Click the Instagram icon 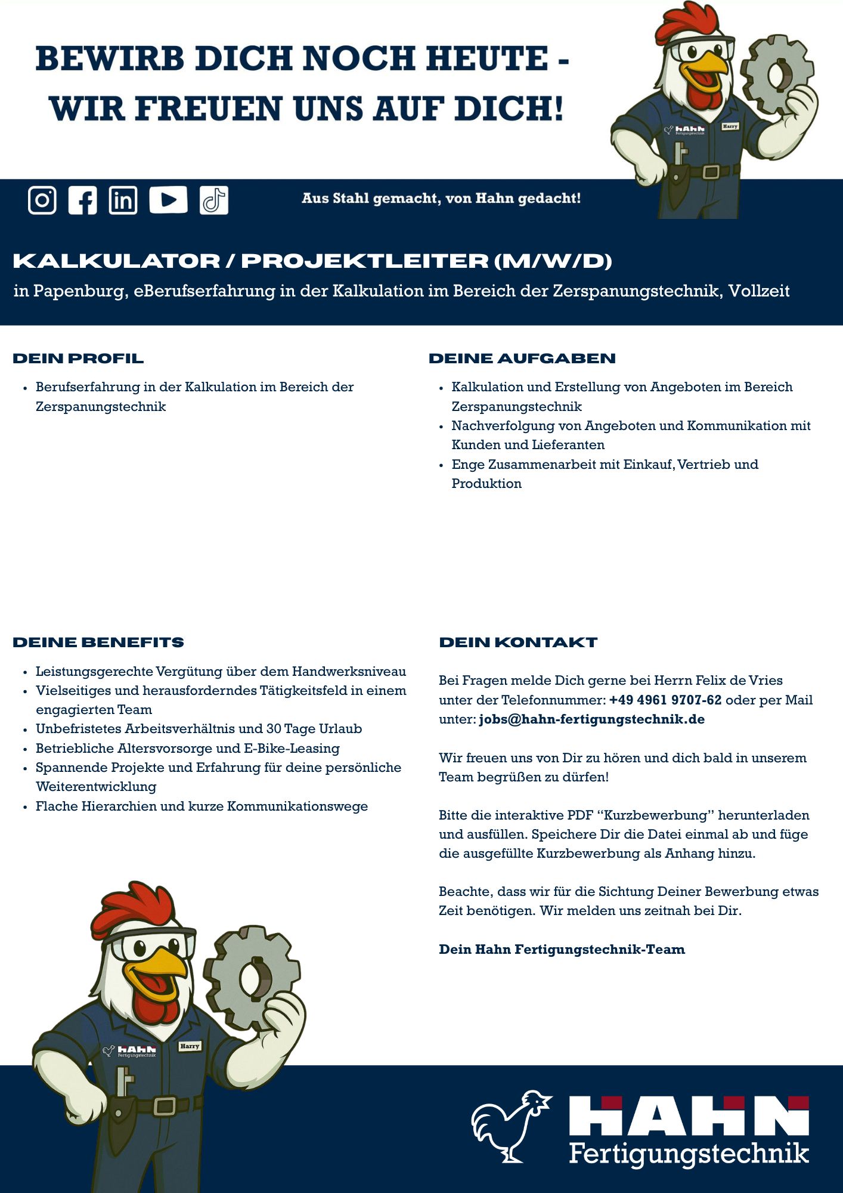coord(42,200)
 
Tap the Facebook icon coord(82,200)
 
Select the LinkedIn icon coord(123,200)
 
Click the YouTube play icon coord(168,200)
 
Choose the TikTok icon coord(214,200)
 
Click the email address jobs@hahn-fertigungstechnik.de coord(591,719)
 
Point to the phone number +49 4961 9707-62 coord(665,700)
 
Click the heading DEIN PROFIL coord(78,358)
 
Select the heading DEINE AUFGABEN coord(522,358)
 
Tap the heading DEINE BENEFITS coord(98,642)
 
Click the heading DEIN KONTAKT coord(518,642)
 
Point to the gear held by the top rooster coord(776,74)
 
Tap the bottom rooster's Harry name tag coord(190,1046)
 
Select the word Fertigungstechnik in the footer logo coord(689,1152)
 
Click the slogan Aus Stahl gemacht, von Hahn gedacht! coord(441,198)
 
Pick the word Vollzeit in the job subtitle coord(759,291)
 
